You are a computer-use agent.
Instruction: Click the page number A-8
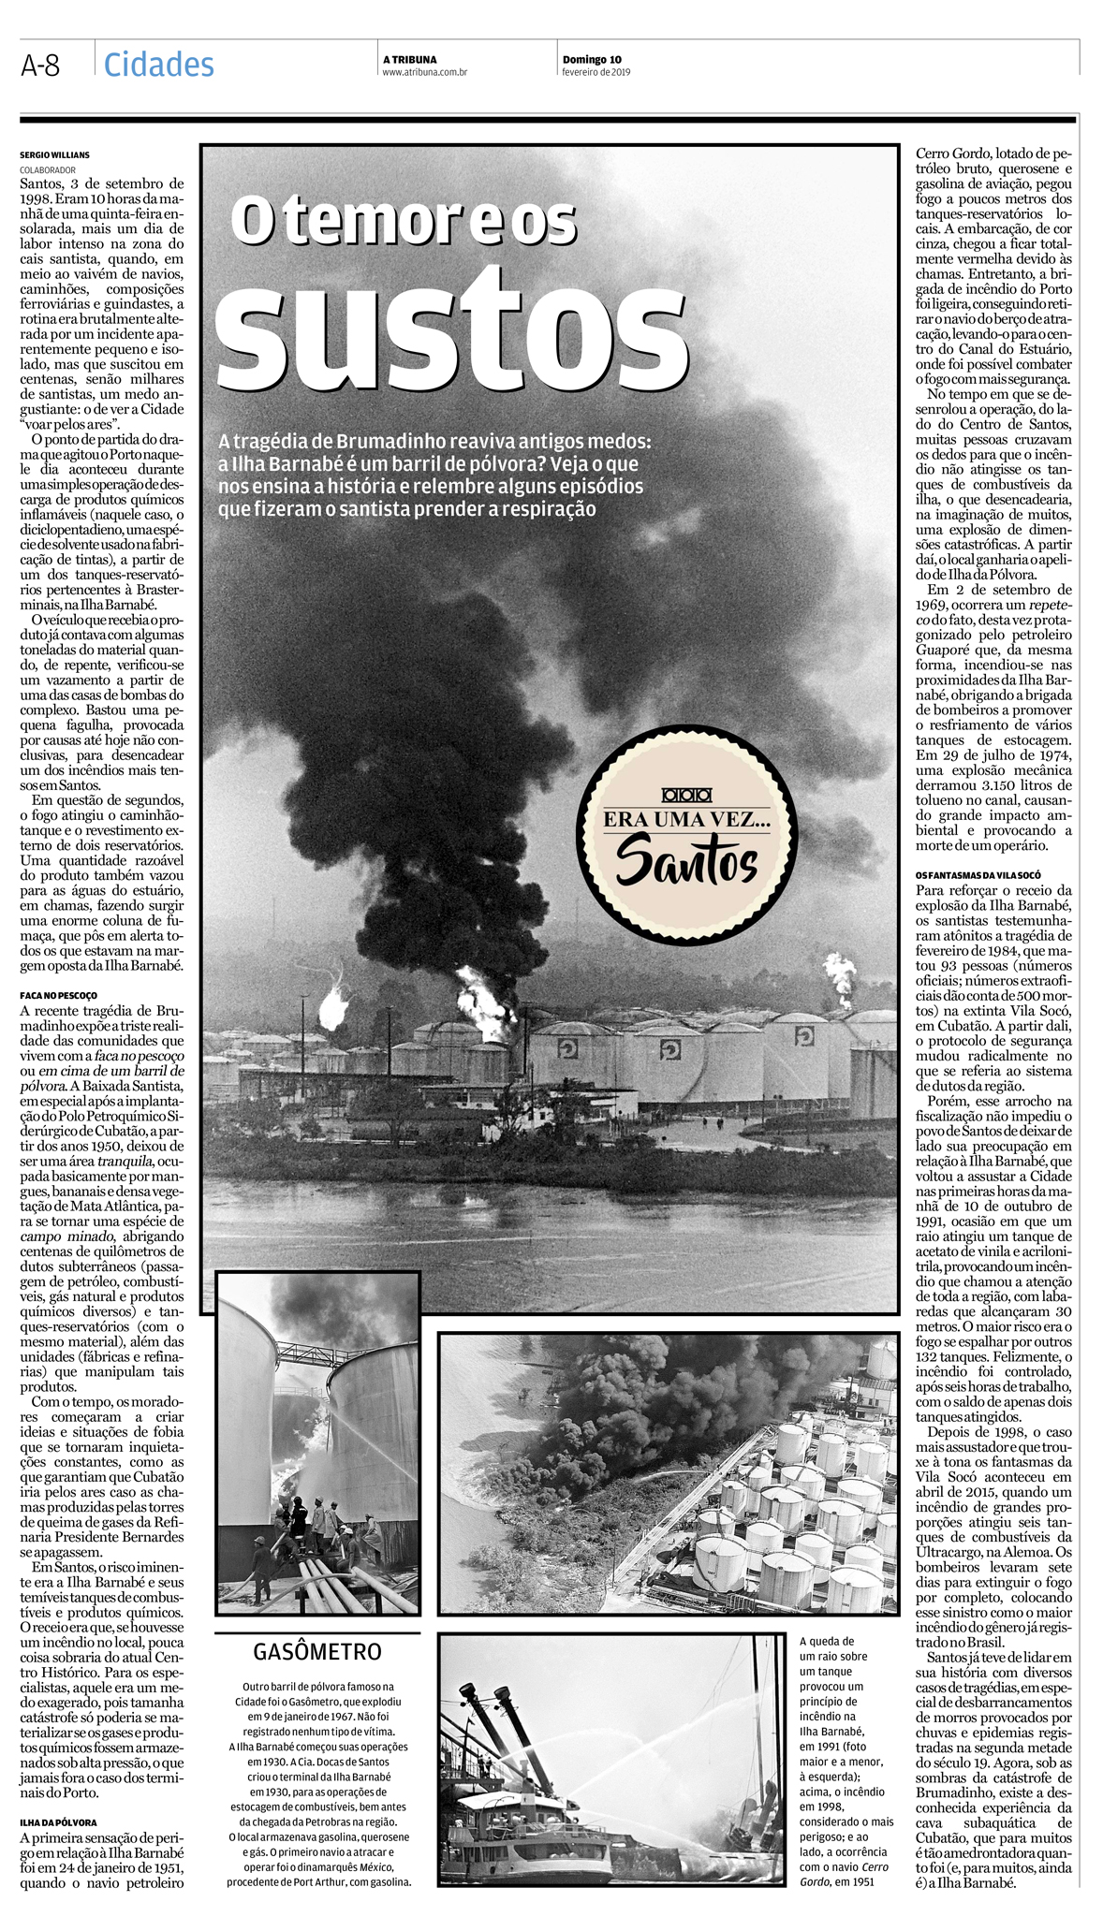(x=40, y=66)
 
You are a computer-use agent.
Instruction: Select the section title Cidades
(x=159, y=65)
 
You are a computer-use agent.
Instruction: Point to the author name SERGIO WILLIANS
(x=55, y=154)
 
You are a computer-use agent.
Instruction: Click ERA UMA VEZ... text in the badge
(x=686, y=819)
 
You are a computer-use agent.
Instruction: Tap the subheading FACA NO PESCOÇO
(x=58, y=996)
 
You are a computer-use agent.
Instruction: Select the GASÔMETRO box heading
(x=317, y=1651)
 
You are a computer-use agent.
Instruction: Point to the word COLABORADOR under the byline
(x=48, y=169)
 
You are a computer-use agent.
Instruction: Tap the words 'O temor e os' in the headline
(x=404, y=220)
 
